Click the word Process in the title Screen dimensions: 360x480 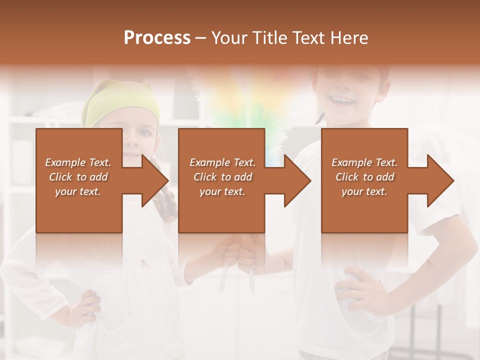157,38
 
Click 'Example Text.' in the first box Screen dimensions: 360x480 78,162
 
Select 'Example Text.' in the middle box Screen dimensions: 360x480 222,162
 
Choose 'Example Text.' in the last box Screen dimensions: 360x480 364,162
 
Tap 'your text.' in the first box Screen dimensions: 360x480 78,191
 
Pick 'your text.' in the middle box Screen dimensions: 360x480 222,191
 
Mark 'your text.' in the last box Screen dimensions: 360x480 364,191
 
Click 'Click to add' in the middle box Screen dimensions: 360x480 222,177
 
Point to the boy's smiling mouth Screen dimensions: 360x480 343,100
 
